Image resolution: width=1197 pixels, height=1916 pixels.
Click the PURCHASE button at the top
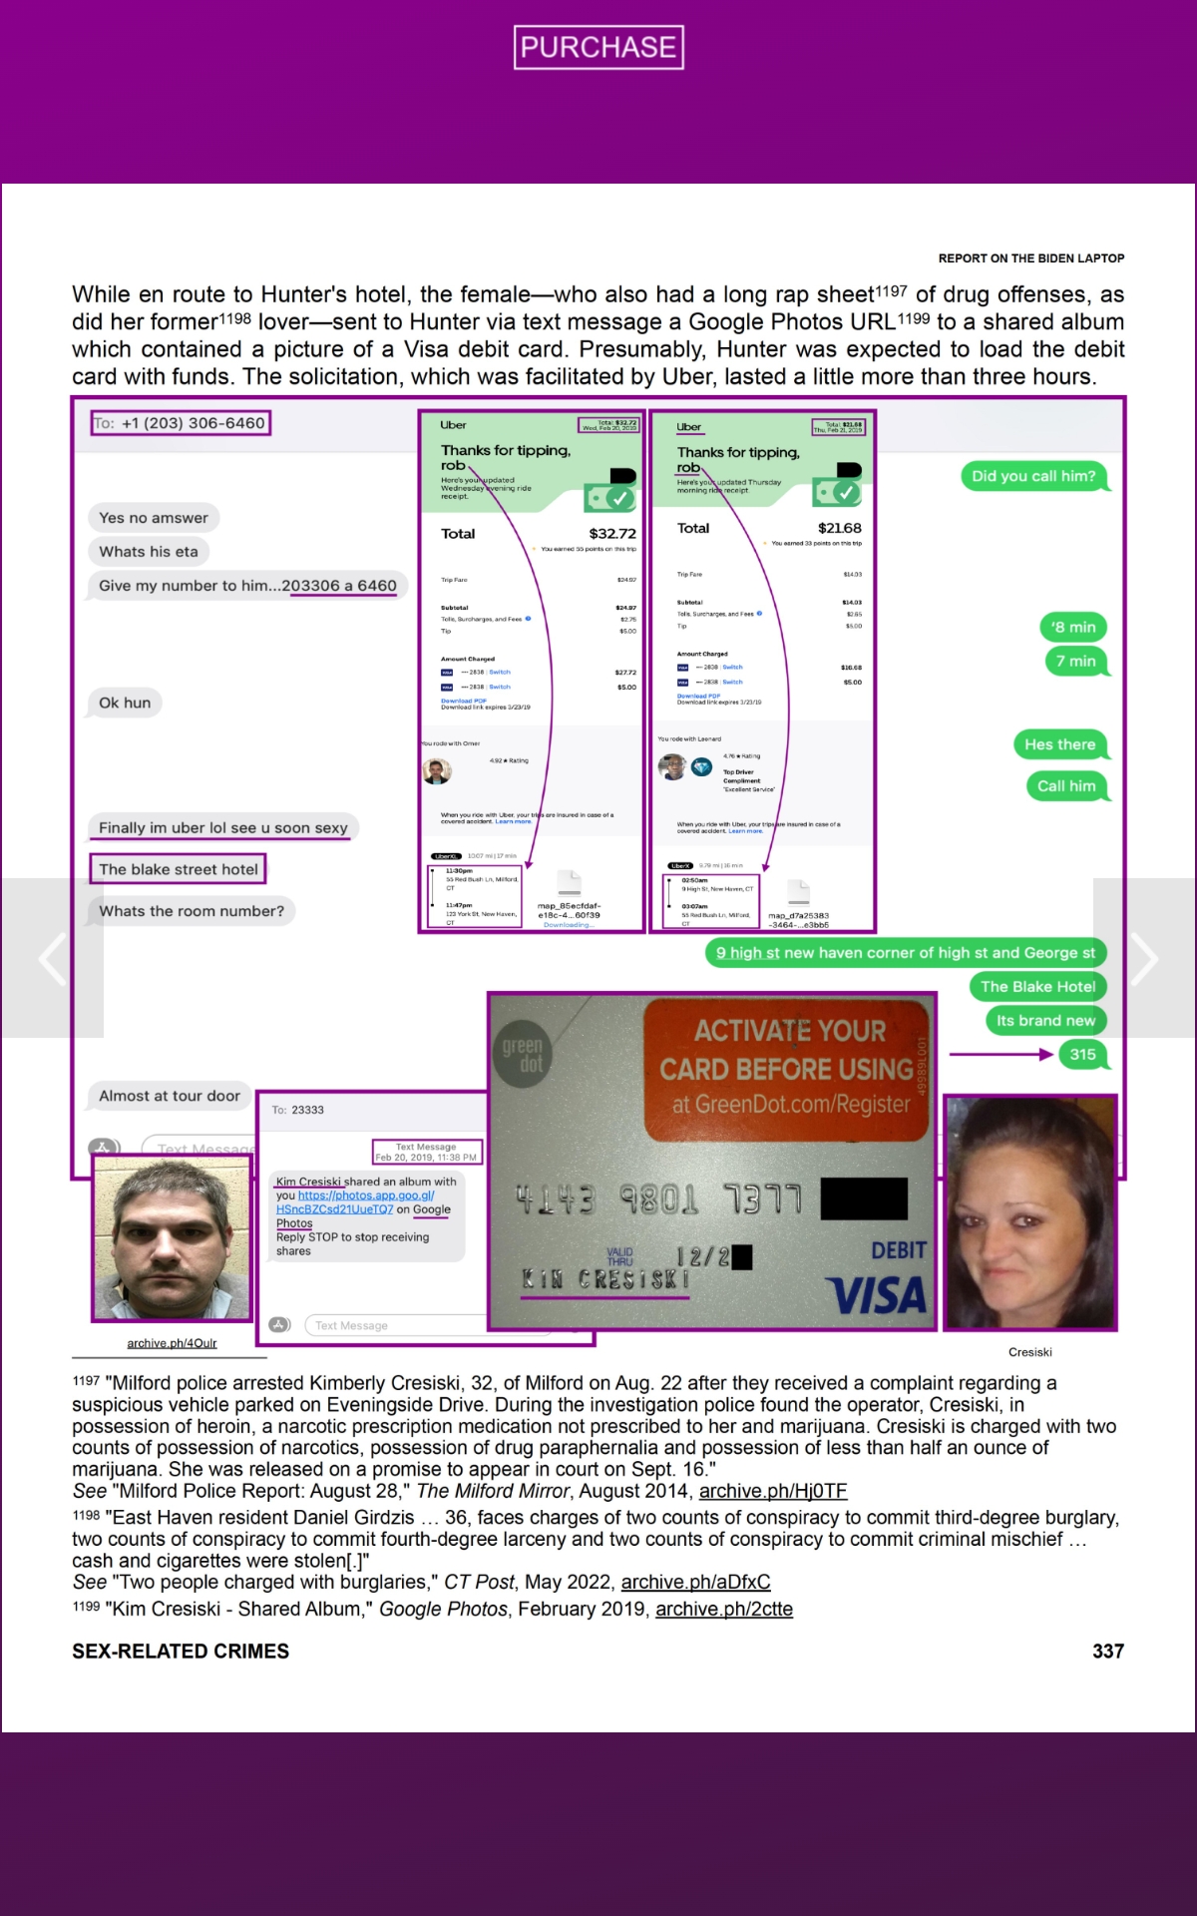(x=598, y=47)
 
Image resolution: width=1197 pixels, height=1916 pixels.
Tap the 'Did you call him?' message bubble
(x=1033, y=476)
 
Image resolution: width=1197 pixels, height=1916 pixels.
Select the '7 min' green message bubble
(x=1075, y=661)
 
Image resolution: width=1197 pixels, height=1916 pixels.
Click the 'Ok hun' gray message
(x=125, y=703)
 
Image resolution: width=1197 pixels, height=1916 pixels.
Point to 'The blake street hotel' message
(x=179, y=869)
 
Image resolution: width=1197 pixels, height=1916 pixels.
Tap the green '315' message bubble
(x=1082, y=1055)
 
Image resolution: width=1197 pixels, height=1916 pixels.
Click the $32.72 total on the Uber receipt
(x=611, y=534)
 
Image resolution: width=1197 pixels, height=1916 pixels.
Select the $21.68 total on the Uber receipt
(x=839, y=528)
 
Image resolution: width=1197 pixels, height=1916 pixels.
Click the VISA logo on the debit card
(x=877, y=1295)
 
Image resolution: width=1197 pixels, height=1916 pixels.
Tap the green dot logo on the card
(x=523, y=1054)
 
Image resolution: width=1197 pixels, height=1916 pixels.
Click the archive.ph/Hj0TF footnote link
(x=772, y=1491)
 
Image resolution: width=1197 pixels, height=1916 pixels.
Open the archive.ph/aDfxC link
(x=695, y=1582)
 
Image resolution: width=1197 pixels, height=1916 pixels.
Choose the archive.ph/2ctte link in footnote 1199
(x=723, y=1609)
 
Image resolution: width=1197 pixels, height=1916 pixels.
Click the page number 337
(x=1107, y=1652)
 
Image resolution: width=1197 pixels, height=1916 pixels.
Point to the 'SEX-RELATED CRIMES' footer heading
(x=181, y=1652)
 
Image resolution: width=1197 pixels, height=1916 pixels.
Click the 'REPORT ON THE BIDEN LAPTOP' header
(x=1030, y=258)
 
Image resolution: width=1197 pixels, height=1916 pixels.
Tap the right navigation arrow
(x=1144, y=958)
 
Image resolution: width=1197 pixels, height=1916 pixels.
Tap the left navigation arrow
(x=52, y=958)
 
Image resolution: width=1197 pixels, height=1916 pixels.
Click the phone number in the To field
(x=194, y=423)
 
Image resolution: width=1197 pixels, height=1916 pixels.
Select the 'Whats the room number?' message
(x=192, y=911)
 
